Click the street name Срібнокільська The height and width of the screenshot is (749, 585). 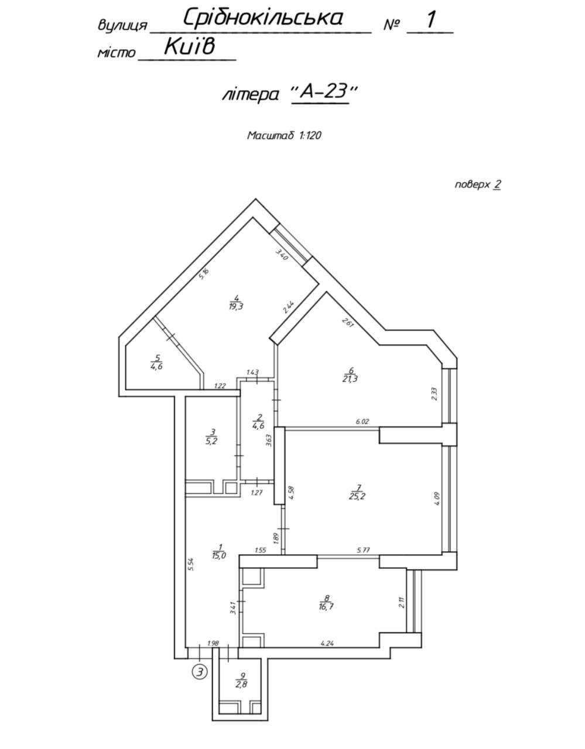[263, 18]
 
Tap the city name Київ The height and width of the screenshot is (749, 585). [189, 46]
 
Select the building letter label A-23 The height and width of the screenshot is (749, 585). [323, 93]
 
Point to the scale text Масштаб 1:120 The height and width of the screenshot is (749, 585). [284, 135]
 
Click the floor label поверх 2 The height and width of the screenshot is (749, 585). [478, 184]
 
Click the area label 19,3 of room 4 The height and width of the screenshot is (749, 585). [236, 307]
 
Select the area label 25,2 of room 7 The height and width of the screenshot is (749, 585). [359, 496]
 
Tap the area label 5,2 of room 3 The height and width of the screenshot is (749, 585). [213, 441]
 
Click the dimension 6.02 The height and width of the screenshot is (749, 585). [362, 421]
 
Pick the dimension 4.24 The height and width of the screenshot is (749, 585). [327, 643]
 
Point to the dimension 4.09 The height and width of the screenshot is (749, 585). [437, 499]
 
